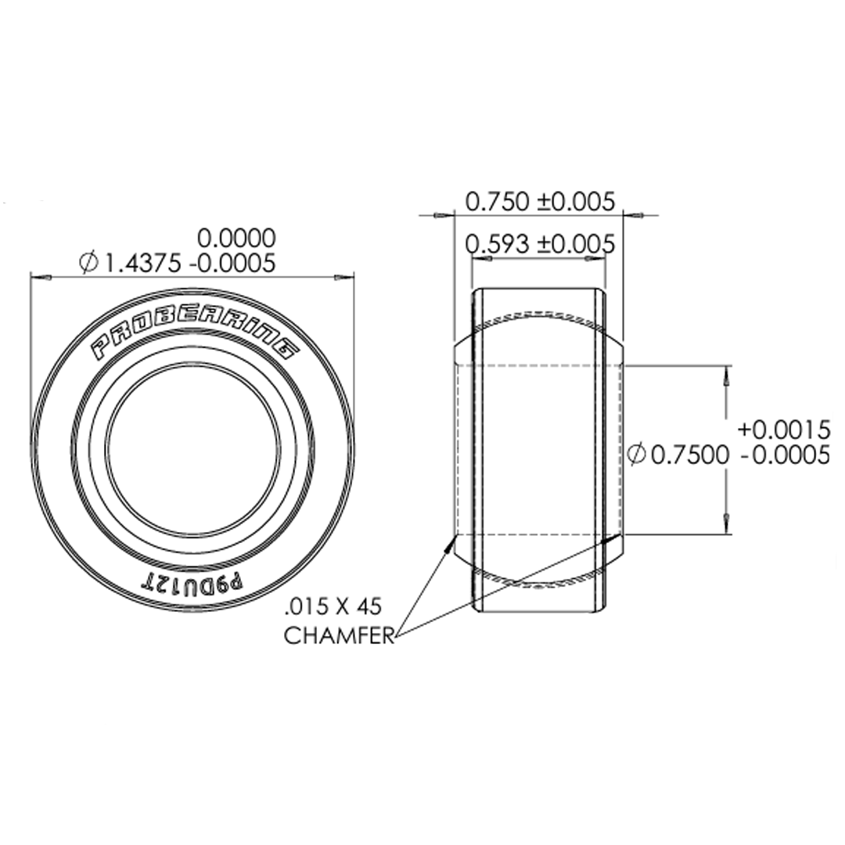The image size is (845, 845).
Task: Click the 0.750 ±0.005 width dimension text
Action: pyautogui.click(x=540, y=202)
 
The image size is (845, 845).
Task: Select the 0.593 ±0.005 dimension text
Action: pyautogui.click(x=540, y=244)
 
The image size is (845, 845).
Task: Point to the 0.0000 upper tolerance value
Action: pyautogui.click(x=236, y=237)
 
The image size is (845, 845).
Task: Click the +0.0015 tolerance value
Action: pyautogui.click(x=783, y=430)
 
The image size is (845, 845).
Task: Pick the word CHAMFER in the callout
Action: pyautogui.click(x=338, y=636)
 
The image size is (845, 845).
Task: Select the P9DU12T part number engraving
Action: pyautogui.click(x=192, y=583)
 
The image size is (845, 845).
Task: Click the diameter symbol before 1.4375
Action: pyautogui.click(x=88, y=264)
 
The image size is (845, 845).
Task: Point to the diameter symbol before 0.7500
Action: pyautogui.click(x=637, y=454)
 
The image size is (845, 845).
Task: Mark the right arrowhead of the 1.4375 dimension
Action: pyautogui.click(x=344, y=277)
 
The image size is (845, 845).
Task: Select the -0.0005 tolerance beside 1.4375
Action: pyautogui.click(x=232, y=264)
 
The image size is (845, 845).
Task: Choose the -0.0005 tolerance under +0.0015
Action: pyautogui.click(x=783, y=454)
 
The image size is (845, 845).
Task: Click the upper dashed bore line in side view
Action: pyautogui.click(x=540, y=365)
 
